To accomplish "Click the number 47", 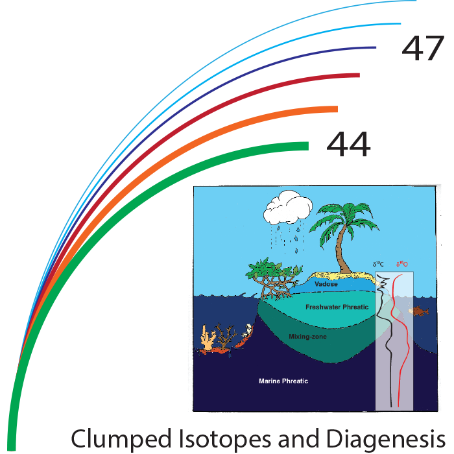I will pyautogui.click(x=423, y=49).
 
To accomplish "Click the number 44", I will pyautogui.click(x=348, y=144).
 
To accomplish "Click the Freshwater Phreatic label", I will pyautogui.click(x=337, y=307).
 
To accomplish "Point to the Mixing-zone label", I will pyautogui.click(x=307, y=337).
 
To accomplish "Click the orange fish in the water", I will pyautogui.click(x=420, y=311).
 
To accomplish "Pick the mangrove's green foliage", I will pyautogui.click(x=268, y=267).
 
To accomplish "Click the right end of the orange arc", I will pyautogui.click(x=336, y=110).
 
